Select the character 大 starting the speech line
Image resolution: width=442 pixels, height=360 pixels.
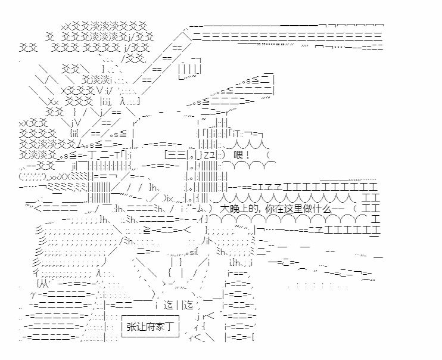pos(224,209)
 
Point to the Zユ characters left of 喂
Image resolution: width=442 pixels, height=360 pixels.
pos(204,156)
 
